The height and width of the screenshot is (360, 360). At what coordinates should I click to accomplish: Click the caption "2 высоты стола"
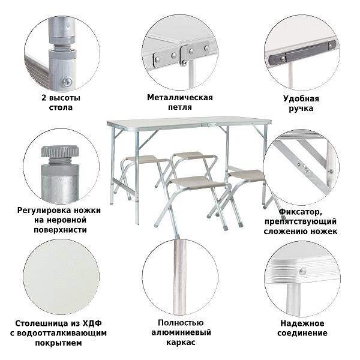(60, 102)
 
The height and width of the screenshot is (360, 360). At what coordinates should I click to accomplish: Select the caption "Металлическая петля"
(179, 102)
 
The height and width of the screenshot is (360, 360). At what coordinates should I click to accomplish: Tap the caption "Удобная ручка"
(301, 104)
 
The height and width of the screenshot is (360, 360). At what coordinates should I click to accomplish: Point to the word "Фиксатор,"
(300, 211)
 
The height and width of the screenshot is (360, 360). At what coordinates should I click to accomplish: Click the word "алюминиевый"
(179, 332)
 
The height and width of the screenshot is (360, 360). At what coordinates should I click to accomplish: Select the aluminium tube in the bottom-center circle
(179, 276)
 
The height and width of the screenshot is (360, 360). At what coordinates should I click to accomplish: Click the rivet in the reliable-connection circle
(302, 271)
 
